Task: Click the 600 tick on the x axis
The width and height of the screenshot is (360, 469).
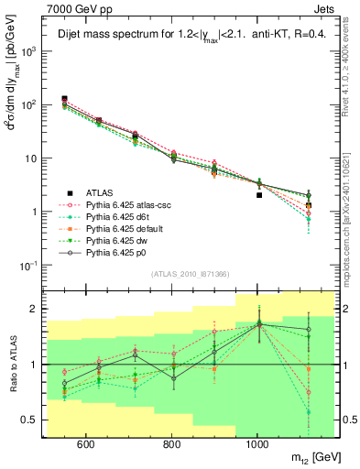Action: pyautogui.click(x=85, y=444)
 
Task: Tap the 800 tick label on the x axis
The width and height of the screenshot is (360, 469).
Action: pyautogui.click(x=171, y=444)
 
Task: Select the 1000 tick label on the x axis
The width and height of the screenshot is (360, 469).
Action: pyautogui.click(x=257, y=444)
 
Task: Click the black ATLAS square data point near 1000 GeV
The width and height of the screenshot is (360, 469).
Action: pyautogui.click(x=259, y=195)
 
